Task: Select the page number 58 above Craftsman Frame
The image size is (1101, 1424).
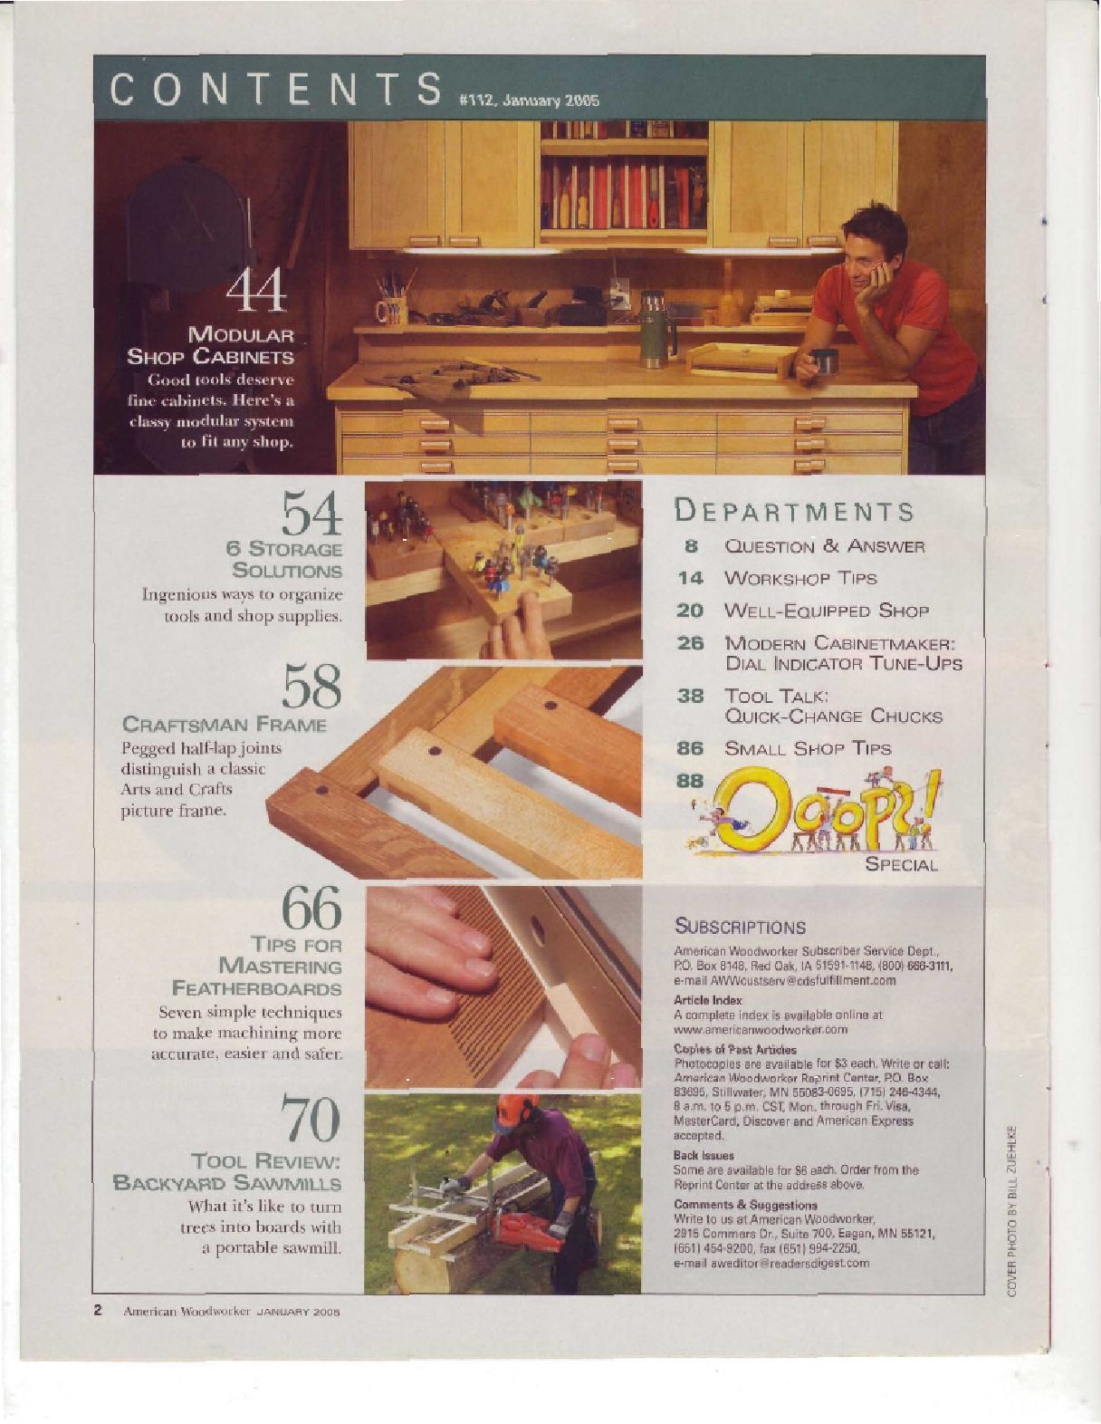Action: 311,686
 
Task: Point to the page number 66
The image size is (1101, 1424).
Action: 311,906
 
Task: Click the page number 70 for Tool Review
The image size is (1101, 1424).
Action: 311,1118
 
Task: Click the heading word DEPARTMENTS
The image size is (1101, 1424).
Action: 793,511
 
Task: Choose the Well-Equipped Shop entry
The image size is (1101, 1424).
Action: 827,611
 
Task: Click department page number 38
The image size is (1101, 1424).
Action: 690,696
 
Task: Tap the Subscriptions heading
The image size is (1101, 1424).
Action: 740,928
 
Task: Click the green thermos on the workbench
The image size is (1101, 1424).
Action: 652,330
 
